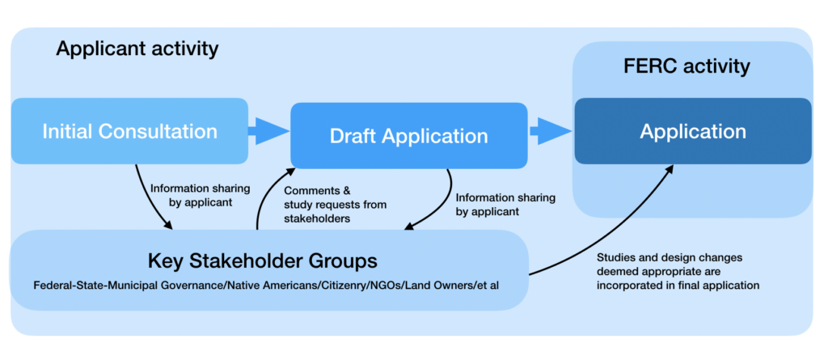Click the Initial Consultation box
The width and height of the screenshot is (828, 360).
(x=129, y=132)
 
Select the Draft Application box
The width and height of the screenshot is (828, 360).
(x=408, y=136)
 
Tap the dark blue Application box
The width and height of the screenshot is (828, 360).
(x=692, y=131)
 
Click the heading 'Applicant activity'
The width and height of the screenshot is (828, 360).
(x=137, y=49)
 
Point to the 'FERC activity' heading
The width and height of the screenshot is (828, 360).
(x=686, y=66)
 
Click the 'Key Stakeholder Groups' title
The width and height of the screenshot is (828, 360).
(x=263, y=261)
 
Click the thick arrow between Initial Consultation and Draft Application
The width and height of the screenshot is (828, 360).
(x=267, y=130)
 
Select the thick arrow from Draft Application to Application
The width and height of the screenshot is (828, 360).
(x=549, y=130)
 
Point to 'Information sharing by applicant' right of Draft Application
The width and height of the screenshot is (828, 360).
(x=505, y=204)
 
